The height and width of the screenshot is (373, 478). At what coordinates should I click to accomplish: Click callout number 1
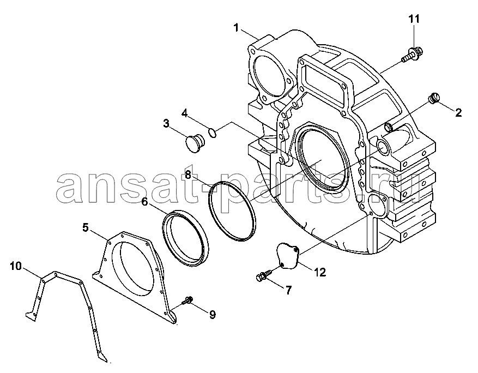click(236, 28)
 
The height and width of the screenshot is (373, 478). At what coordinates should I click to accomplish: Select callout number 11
click(414, 19)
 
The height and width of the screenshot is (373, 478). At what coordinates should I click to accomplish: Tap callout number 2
click(458, 112)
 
